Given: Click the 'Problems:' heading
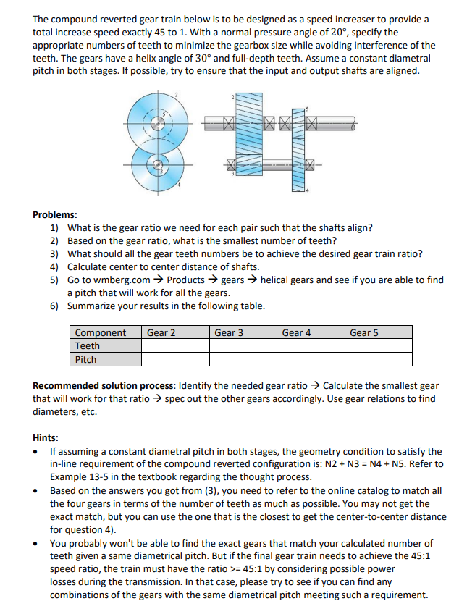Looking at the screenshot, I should (x=55, y=215).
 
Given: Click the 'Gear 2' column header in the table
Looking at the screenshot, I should (x=161, y=332).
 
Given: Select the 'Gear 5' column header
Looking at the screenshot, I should (x=364, y=332).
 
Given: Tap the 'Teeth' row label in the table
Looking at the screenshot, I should (x=88, y=345).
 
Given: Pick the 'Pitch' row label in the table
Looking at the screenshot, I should (x=86, y=359).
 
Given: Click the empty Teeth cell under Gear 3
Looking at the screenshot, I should (x=243, y=345).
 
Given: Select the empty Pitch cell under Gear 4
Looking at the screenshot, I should (x=310, y=359).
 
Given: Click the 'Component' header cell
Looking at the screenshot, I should (x=101, y=332).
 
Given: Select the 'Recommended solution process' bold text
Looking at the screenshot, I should (x=104, y=386).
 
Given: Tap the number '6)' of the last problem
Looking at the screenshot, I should (x=54, y=306).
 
